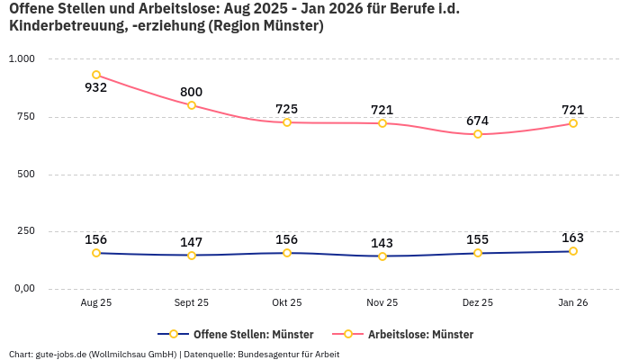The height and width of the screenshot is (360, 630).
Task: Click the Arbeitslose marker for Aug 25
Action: coord(96,75)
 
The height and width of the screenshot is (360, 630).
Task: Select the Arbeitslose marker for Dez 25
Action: coord(478,134)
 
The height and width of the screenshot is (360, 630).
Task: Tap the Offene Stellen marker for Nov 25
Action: coord(382,256)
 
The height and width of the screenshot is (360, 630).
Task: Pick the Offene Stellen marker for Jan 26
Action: coord(573,251)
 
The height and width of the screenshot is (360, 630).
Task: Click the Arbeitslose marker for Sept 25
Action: coord(192,105)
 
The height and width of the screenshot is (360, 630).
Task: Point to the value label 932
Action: coord(96,88)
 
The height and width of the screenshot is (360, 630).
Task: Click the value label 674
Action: coord(478,121)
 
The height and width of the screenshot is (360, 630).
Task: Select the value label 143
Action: coord(382,243)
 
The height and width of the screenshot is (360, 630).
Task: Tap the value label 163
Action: coord(573,238)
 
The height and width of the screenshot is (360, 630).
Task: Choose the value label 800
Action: coord(192,92)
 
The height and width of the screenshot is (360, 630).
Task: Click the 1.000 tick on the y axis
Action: coord(22,58)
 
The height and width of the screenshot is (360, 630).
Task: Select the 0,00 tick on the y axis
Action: coord(22,288)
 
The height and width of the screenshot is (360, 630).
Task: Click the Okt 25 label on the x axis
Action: coord(287,303)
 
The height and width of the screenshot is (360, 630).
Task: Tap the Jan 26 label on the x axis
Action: coord(573,303)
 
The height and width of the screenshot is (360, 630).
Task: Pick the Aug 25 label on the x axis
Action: coord(96,303)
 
